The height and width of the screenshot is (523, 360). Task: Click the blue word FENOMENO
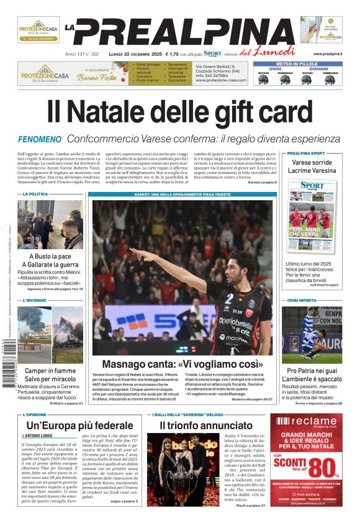[x=40, y=139]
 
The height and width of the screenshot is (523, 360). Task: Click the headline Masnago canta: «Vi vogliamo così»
[x=182, y=365]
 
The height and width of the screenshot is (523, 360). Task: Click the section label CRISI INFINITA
[x=302, y=301]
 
